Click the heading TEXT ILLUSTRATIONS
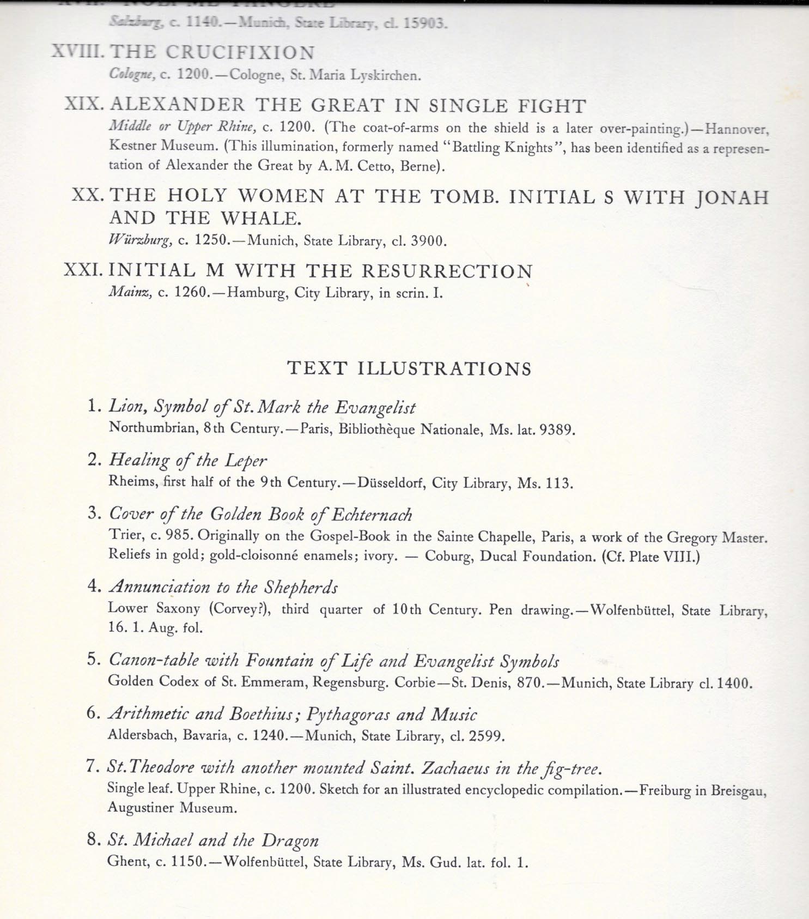[409, 368]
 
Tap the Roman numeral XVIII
[79, 52]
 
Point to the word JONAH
[732, 197]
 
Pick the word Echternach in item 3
[372, 514]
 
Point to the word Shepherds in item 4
[301, 587]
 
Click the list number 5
[93, 660]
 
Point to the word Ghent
[127, 863]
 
